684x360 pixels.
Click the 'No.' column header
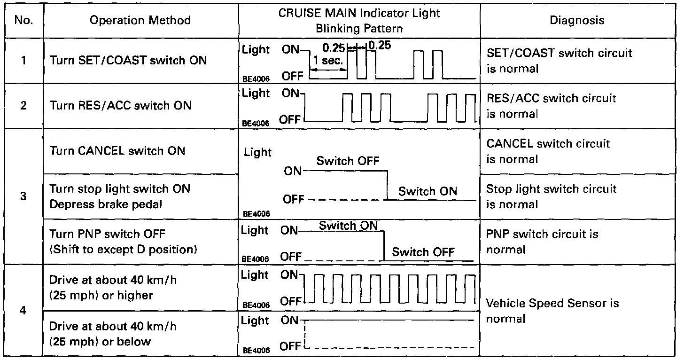(23, 20)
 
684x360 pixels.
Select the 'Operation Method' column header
(140, 20)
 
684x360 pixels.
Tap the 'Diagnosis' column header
(577, 20)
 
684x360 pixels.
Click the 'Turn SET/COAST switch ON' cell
(128, 61)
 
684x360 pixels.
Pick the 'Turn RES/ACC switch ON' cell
(121, 105)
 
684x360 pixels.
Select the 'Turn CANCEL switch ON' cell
(117, 151)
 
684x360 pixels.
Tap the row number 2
(23, 105)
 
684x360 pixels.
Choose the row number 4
(23, 311)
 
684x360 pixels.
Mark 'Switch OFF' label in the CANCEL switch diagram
(348, 161)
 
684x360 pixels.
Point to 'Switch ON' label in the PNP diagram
(348, 226)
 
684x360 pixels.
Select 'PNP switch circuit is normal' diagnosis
(542, 242)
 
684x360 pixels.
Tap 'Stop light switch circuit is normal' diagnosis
(551, 196)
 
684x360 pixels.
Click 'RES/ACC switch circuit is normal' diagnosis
(551, 106)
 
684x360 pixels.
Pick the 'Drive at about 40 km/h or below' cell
(113, 333)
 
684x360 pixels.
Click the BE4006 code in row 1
(256, 79)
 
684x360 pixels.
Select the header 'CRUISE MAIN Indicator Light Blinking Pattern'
(359, 20)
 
